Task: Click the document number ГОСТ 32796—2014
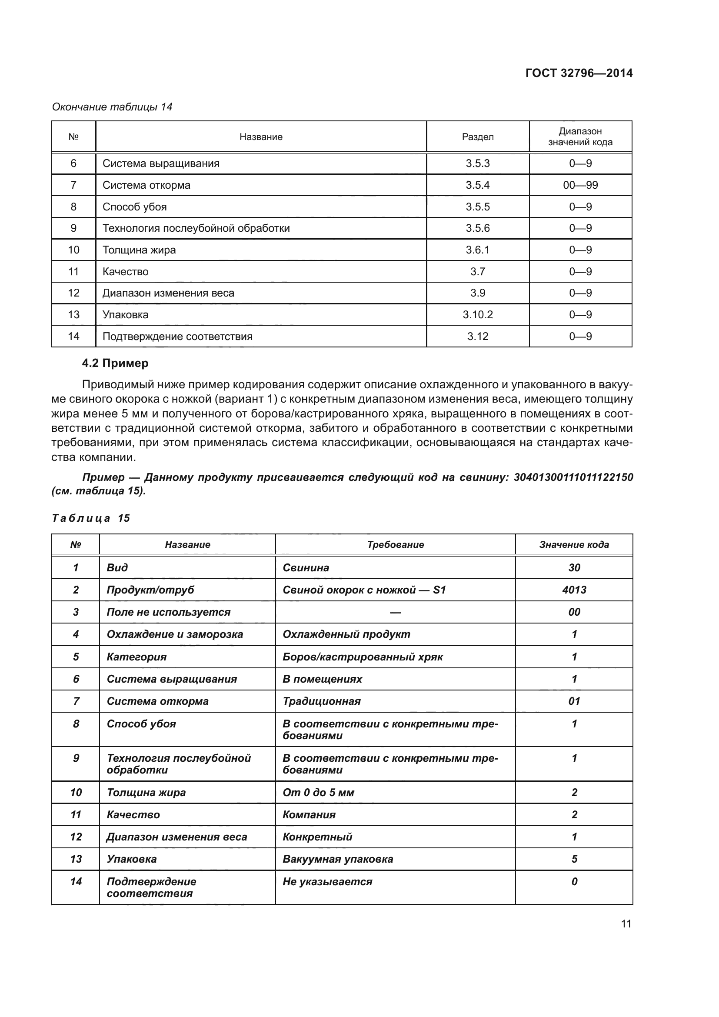coord(579,73)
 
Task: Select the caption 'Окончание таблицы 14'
coord(112,107)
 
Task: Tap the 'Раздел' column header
coord(477,137)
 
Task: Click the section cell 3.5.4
coord(477,185)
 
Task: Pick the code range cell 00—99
coord(580,185)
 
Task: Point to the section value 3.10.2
coord(477,315)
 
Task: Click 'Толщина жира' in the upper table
coord(139,250)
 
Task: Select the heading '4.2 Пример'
coord(115,363)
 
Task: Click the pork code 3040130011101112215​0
coord(573,477)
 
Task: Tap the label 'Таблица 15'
coord(91,518)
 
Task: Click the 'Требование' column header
coord(395,545)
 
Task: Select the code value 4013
coord(574,590)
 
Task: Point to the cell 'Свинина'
coord(306,568)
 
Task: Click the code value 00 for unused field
coord(574,612)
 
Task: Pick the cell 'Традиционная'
coord(321,701)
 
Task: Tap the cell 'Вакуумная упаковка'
coord(337,859)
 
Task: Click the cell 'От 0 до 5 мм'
coord(318,793)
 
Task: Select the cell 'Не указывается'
coord(327,882)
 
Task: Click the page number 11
coord(626,924)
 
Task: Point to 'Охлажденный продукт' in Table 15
coord(346,634)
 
